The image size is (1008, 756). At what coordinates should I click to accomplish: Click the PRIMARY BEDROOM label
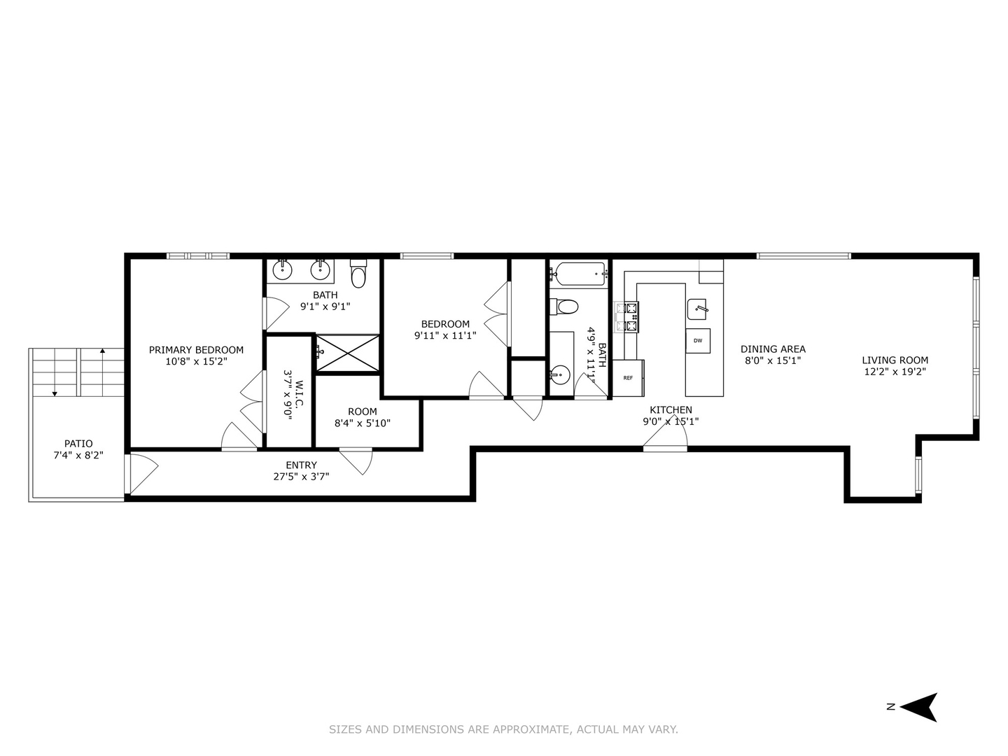click(196, 350)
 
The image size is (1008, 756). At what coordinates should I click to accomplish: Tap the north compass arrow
click(918, 707)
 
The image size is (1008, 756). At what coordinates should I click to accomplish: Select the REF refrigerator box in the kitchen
click(628, 378)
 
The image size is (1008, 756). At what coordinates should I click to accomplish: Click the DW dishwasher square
click(697, 341)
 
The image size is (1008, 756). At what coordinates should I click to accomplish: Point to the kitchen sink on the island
click(698, 307)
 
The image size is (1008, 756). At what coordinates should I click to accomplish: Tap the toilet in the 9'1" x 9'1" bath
click(358, 274)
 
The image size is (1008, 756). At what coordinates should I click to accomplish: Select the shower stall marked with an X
click(347, 353)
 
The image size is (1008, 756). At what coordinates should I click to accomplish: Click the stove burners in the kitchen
click(627, 316)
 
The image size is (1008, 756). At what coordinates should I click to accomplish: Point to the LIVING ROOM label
click(895, 360)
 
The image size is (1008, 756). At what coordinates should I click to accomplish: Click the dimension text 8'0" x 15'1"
click(773, 361)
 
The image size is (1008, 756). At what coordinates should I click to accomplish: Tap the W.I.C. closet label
click(293, 399)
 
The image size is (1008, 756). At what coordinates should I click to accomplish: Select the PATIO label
click(78, 444)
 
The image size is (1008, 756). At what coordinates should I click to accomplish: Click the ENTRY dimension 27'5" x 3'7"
click(301, 476)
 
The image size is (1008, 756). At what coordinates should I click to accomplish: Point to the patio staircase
click(77, 372)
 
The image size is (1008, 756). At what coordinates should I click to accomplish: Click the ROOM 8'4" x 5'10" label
click(362, 417)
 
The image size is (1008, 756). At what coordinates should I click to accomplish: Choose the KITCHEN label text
click(671, 410)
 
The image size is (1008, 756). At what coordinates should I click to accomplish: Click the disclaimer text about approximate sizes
click(503, 729)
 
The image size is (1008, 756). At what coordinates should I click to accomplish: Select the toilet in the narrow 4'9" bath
click(564, 307)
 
